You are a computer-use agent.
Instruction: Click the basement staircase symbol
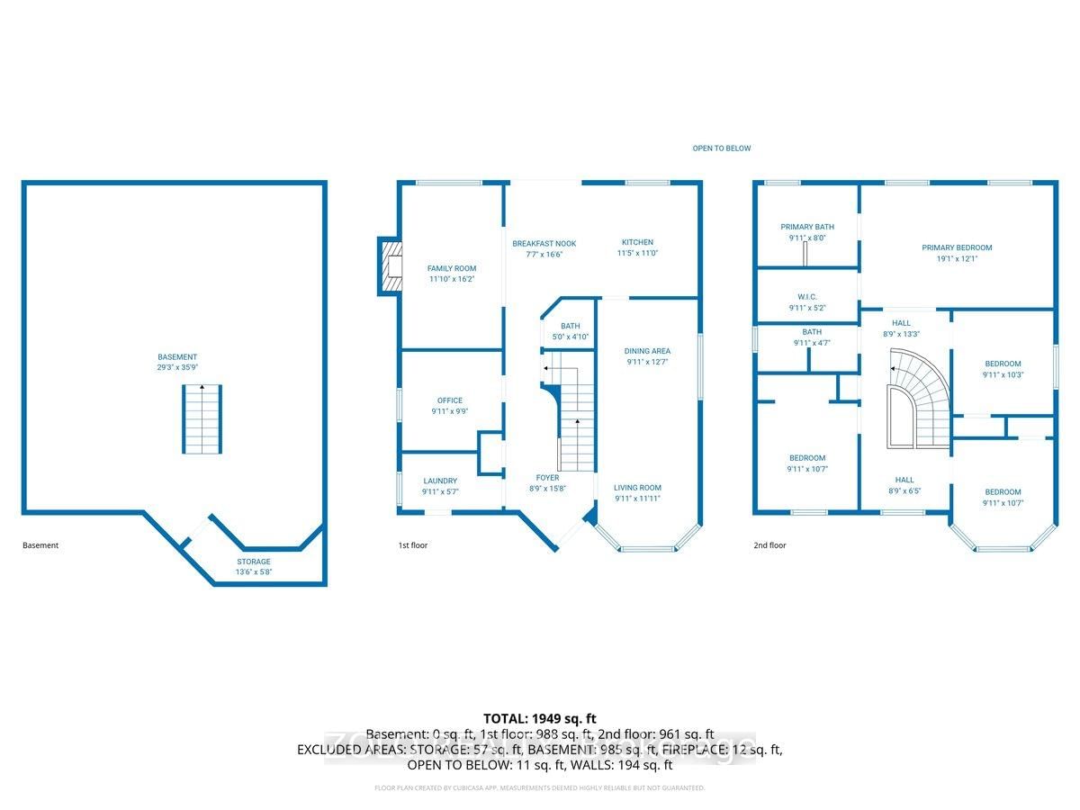coord(202,419)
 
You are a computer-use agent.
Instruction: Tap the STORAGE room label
coord(253,562)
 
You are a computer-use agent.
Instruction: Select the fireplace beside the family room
coord(390,266)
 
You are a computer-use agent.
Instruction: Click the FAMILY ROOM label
coord(451,268)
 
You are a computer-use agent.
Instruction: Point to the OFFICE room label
coord(450,400)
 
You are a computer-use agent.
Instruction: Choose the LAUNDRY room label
coord(440,481)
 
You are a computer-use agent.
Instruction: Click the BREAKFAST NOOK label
coord(544,243)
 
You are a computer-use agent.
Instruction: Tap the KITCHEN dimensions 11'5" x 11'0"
coord(637,254)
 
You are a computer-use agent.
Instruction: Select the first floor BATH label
coord(570,327)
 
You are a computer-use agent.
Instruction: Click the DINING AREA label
coord(647,351)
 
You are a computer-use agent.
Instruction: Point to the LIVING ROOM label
coord(637,488)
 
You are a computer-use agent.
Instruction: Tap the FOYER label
coord(547,478)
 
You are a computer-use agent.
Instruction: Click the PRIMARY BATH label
coord(807,227)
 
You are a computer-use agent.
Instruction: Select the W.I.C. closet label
coord(807,296)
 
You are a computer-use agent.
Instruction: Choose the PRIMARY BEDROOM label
coord(956,247)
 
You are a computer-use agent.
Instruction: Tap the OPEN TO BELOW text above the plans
coord(721,148)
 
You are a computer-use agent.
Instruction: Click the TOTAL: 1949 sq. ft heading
coord(540,719)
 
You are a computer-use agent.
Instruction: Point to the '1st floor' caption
coord(412,545)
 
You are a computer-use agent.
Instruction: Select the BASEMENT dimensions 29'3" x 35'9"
coord(175,368)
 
